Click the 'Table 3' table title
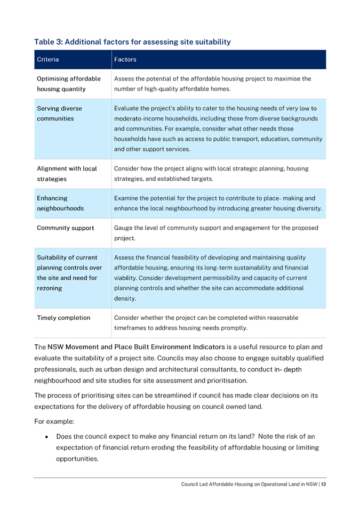(132, 41)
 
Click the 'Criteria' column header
(47, 59)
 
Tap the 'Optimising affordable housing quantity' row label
(63, 84)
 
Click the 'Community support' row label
(65, 229)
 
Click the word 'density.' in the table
(125, 299)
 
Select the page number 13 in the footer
(323, 484)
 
